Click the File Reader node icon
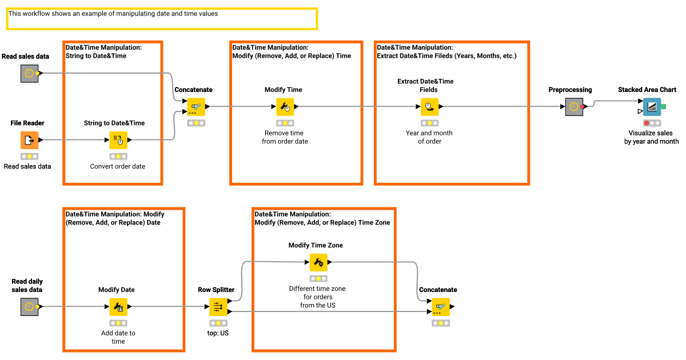click(x=30, y=140)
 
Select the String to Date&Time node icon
click(x=118, y=140)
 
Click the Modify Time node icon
click(x=284, y=106)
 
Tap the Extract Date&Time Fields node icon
click(x=429, y=106)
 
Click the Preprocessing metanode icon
click(x=574, y=107)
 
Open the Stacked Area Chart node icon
click(x=652, y=107)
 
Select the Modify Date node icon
click(x=118, y=307)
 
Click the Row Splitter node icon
click(x=218, y=307)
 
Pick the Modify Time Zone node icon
click(x=318, y=262)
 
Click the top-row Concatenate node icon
click(x=196, y=106)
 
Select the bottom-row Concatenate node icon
click(x=441, y=307)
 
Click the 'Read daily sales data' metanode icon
click(x=29, y=307)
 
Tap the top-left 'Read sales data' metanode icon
click(x=29, y=73)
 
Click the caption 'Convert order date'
click(x=118, y=166)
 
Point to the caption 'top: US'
click(x=218, y=333)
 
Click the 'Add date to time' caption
click(x=118, y=337)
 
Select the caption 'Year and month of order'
click(x=429, y=137)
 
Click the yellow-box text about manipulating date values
click(x=113, y=14)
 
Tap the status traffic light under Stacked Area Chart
click(x=652, y=123)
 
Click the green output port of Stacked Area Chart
click(x=664, y=107)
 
